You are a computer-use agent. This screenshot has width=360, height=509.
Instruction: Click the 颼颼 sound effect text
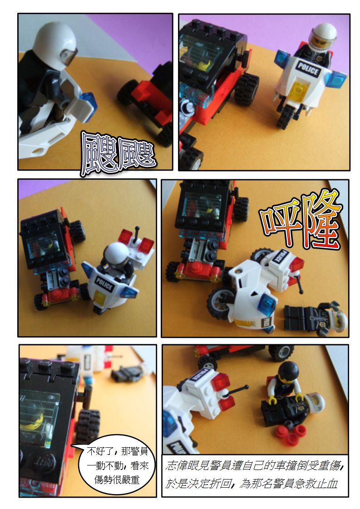pos(118,154)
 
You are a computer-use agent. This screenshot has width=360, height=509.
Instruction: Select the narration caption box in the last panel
pos(255,475)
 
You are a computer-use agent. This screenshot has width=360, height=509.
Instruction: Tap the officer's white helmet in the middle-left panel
pos(116,252)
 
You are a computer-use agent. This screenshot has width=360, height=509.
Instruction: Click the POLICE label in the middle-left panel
pos(104,284)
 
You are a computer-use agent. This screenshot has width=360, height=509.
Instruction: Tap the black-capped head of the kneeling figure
pos(288,372)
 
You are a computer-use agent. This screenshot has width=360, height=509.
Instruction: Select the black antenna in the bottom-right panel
pos(236,391)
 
